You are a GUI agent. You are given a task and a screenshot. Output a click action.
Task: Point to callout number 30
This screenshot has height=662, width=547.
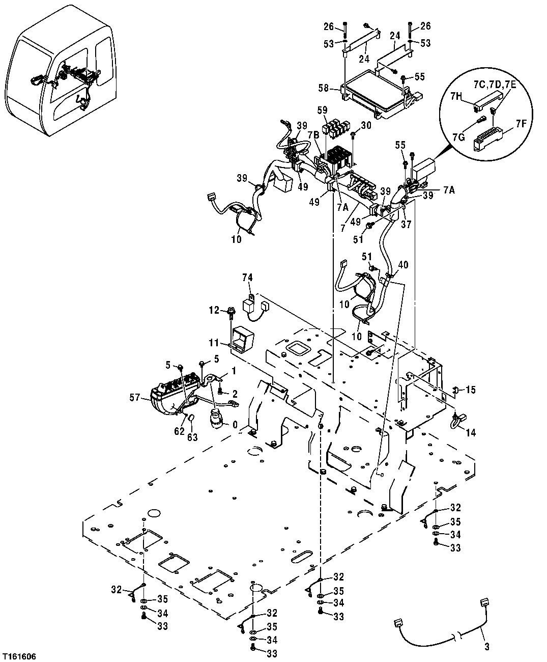(366, 125)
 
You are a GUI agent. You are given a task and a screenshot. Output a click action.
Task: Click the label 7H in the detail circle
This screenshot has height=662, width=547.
(456, 96)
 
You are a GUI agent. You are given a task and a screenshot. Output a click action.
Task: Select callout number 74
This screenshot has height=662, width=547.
(247, 277)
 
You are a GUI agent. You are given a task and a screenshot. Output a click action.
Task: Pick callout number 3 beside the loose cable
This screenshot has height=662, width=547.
(486, 647)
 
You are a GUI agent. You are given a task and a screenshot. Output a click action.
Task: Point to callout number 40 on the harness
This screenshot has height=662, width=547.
(403, 265)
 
